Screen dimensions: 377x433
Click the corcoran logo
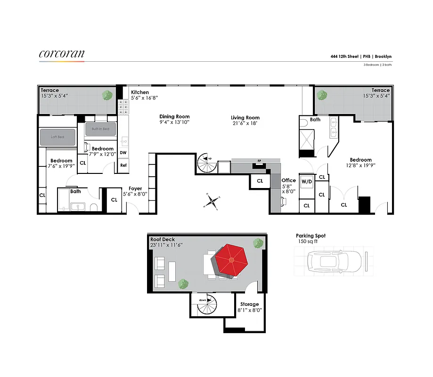[62, 54]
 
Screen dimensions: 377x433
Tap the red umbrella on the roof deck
[230, 260]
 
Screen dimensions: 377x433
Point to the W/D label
[307, 181]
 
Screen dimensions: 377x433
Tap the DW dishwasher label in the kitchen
[123, 153]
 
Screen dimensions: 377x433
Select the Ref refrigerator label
[123, 165]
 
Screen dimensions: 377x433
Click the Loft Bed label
[57, 137]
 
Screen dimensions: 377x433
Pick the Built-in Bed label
[100, 129]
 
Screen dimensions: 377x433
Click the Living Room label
[245, 118]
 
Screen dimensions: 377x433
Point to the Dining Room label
[174, 116]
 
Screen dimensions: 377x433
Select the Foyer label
[135, 188]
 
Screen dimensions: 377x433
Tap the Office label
[288, 180]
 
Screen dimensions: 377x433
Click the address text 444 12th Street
[344, 57]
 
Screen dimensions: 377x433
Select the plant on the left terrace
[108, 95]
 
